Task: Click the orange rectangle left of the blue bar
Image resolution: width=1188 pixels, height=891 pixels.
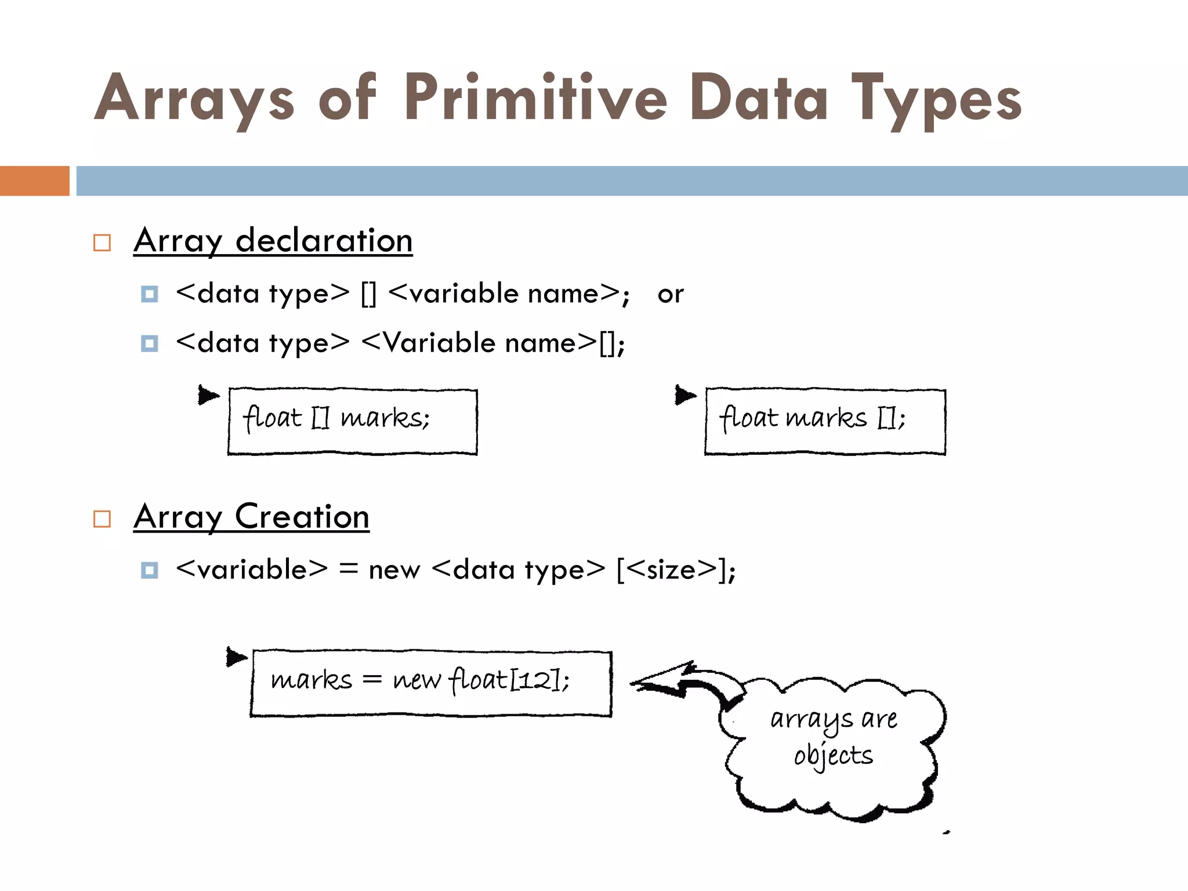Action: (34, 181)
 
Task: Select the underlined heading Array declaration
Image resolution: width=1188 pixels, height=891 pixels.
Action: (273, 240)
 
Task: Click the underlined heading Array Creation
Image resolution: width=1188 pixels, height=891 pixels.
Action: (251, 516)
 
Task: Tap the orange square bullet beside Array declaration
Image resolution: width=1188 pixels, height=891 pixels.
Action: (102, 242)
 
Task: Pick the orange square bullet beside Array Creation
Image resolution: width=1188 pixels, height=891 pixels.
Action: (102, 519)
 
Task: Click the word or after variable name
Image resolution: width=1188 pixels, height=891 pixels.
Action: (671, 294)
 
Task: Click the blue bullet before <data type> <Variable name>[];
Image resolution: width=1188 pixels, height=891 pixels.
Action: (150, 343)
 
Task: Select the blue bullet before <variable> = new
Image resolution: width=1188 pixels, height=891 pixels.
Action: (150, 570)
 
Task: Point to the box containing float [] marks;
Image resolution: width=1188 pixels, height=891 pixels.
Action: (353, 422)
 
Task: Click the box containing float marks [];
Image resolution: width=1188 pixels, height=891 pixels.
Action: (825, 422)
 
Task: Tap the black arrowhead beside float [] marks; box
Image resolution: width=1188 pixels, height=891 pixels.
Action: (208, 396)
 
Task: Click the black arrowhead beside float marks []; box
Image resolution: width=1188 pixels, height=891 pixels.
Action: (685, 396)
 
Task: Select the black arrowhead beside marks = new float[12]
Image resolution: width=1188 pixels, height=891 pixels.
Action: (236, 657)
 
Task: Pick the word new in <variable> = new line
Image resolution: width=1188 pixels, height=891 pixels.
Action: (394, 570)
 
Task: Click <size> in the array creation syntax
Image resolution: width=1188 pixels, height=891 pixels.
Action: (672, 570)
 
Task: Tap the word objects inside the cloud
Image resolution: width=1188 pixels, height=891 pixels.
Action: (833, 756)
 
